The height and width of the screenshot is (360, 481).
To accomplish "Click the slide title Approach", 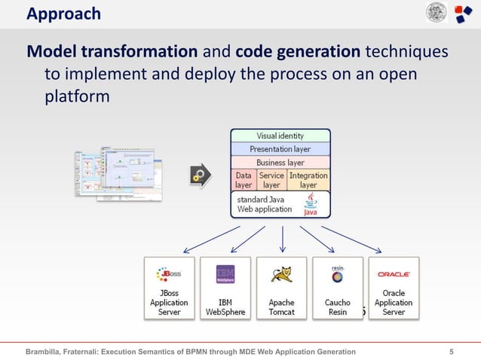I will click(x=63, y=14).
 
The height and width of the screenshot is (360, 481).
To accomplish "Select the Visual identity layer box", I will click(x=280, y=136).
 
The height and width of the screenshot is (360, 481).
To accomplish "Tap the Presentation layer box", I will click(x=280, y=149).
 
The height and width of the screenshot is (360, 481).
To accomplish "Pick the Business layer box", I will click(x=280, y=162).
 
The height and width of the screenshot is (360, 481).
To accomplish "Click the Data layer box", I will click(x=243, y=179).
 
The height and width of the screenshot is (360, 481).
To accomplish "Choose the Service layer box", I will click(x=271, y=179).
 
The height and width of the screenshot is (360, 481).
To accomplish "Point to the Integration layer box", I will click(x=308, y=179).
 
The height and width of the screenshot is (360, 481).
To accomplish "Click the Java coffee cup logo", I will click(x=310, y=203).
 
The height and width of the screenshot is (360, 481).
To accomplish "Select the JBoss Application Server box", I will click(x=169, y=288).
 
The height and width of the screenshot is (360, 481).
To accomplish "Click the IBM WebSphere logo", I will click(x=225, y=273).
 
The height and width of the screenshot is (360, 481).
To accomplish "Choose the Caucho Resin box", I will click(x=337, y=288).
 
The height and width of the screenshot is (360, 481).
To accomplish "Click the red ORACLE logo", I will click(x=394, y=274).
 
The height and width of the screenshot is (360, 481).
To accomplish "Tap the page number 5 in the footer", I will click(x=451, y=351).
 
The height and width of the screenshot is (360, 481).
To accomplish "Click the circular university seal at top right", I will click(x=436, y=14).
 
